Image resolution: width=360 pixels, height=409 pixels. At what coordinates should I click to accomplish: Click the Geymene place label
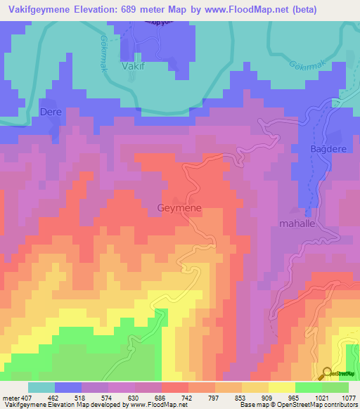(179, 208)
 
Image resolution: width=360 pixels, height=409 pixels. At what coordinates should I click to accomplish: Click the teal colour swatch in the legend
(41, 387)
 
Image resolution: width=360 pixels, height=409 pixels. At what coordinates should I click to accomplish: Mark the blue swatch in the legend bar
(68, 387)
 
